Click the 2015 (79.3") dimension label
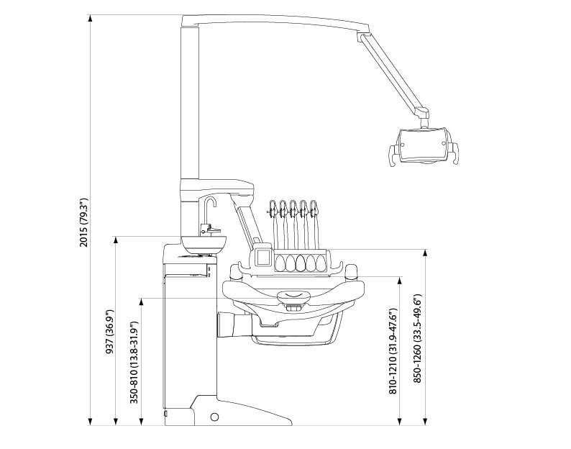click(x=84, y=222)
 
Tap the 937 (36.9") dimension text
click(x=109, y=332)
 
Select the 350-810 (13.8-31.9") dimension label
click(x=134, y=362)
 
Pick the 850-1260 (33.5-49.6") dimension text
click(x=418, y=338)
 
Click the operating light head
click(x=423, y=145)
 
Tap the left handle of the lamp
click(x=393, y=155)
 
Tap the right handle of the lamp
click(x=452, y=153)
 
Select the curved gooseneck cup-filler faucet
click(x=210, y=212)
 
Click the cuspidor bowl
click(x=204, y=244)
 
